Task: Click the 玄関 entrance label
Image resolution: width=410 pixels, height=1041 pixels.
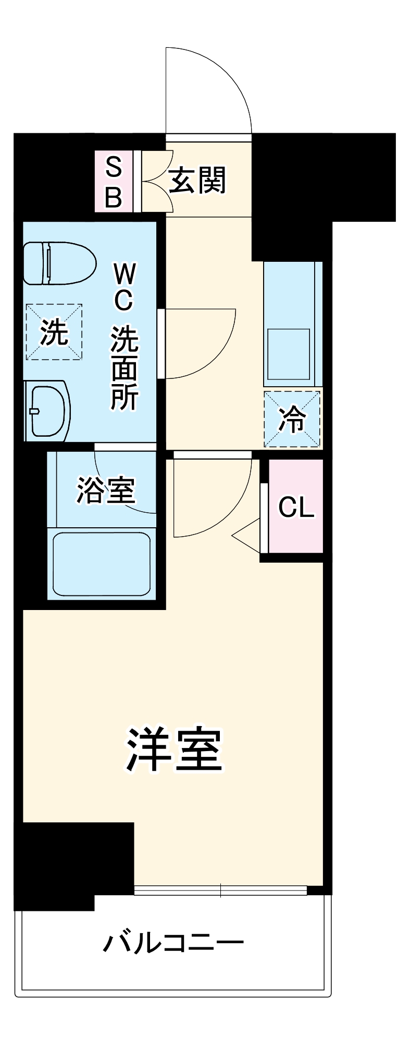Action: click(197, 180)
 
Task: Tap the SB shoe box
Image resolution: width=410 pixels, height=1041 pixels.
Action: click(114, 182)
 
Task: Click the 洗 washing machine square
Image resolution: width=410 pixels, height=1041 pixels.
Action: click(54, 332)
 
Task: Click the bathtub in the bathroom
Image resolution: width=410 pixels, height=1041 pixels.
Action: click(102, 563)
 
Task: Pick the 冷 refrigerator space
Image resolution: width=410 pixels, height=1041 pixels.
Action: click(292, 419)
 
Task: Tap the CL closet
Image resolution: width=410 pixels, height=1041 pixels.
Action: click(296, 506)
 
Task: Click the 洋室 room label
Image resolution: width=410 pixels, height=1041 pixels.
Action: click(175, 750)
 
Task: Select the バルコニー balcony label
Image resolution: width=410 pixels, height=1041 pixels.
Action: click(173, 943)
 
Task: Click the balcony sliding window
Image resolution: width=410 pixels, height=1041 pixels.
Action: click(220, 890)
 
